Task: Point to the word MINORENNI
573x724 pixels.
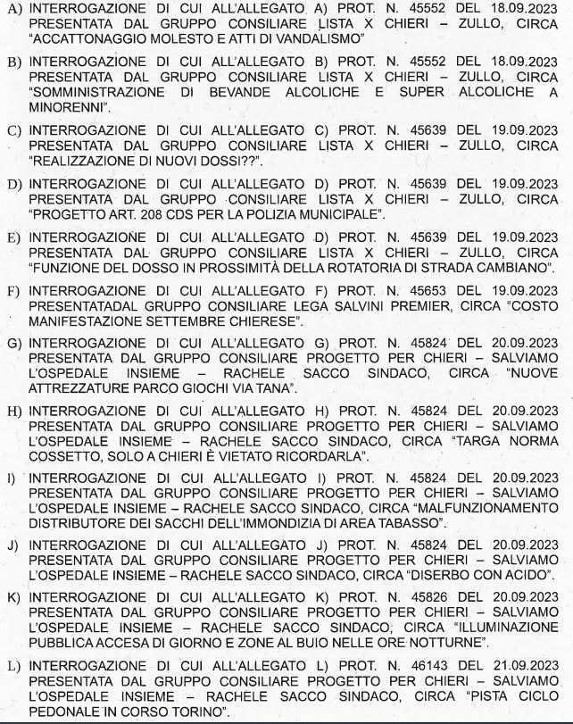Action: coord(71,109)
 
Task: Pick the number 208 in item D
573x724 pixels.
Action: coord(137,214)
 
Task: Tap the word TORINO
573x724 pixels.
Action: coord(200,711)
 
